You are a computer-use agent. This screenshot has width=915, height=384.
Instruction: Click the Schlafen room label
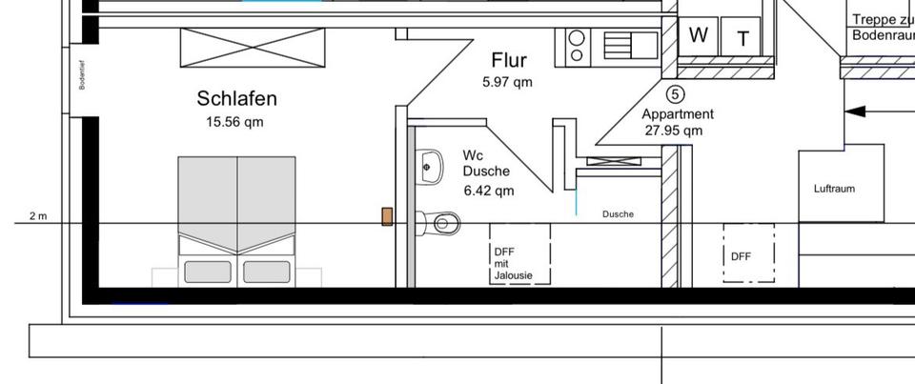pyautogui.click(x=236, y=98)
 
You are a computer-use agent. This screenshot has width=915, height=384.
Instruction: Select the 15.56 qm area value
pyautogui.click(x=234, y=122)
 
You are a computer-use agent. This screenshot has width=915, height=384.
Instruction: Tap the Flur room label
pyautogui.click(x=509, y=61)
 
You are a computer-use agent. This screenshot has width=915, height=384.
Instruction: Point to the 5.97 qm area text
pyautogui.click(x=507, y=82)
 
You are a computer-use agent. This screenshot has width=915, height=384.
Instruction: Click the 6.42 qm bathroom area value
pyautogui.click(x=488, y=191)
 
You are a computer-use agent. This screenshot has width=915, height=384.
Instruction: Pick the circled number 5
pyautogui.click(x=675, y=94)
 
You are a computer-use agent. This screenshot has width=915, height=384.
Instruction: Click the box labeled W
pyautogui.click(x=699, y=35)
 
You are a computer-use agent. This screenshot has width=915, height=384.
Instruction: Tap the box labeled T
pyautogui.click(x=742, y=38)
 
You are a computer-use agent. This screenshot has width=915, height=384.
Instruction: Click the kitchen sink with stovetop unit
pyautogui.click(x=607, y=46)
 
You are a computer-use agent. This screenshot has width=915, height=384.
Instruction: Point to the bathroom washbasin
pyautogui.click(x=429, y=168)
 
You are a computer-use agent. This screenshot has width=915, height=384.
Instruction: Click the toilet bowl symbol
pyautogui.click(x=444, y=223)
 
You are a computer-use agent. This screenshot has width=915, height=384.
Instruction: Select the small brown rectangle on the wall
pyautogui.click(x=387, y=217)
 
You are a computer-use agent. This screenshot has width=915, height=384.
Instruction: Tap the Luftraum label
pyautogui.click(x=834, y=189)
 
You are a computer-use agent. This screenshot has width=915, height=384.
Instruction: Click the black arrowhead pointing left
pyautogui.click(x=856, y=111)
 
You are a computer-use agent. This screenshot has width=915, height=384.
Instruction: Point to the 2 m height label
pyautogui.click(x=38, y=216)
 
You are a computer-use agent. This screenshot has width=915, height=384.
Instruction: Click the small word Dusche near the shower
pyautogui.click(x=618, y=214)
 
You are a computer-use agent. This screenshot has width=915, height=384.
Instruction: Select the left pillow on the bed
pyautogui.click(x=208, y=272)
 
